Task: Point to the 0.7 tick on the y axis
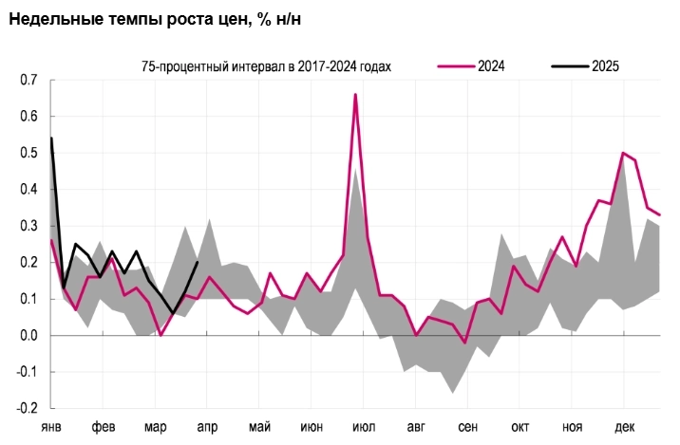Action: pos(28,81)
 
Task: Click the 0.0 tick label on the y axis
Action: pos(28,335)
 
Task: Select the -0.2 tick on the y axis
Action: pos(26,408)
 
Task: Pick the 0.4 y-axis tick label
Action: pos(28,190)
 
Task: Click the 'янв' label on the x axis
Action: pos(51,427)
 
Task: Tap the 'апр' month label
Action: pos(207,427)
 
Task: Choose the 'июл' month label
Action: pos(364,427)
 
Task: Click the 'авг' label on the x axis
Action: pos(416,427)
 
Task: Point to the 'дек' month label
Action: pos(625,427)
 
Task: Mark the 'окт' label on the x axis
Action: pos(520,427)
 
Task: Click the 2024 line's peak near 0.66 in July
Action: pos(355,95)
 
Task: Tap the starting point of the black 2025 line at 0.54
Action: pos(51,139)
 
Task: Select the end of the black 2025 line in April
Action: pos(197,263)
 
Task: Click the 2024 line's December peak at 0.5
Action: pos(623,153)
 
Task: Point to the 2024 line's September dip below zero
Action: pos(465,343)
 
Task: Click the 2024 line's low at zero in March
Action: pos(161,335)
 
